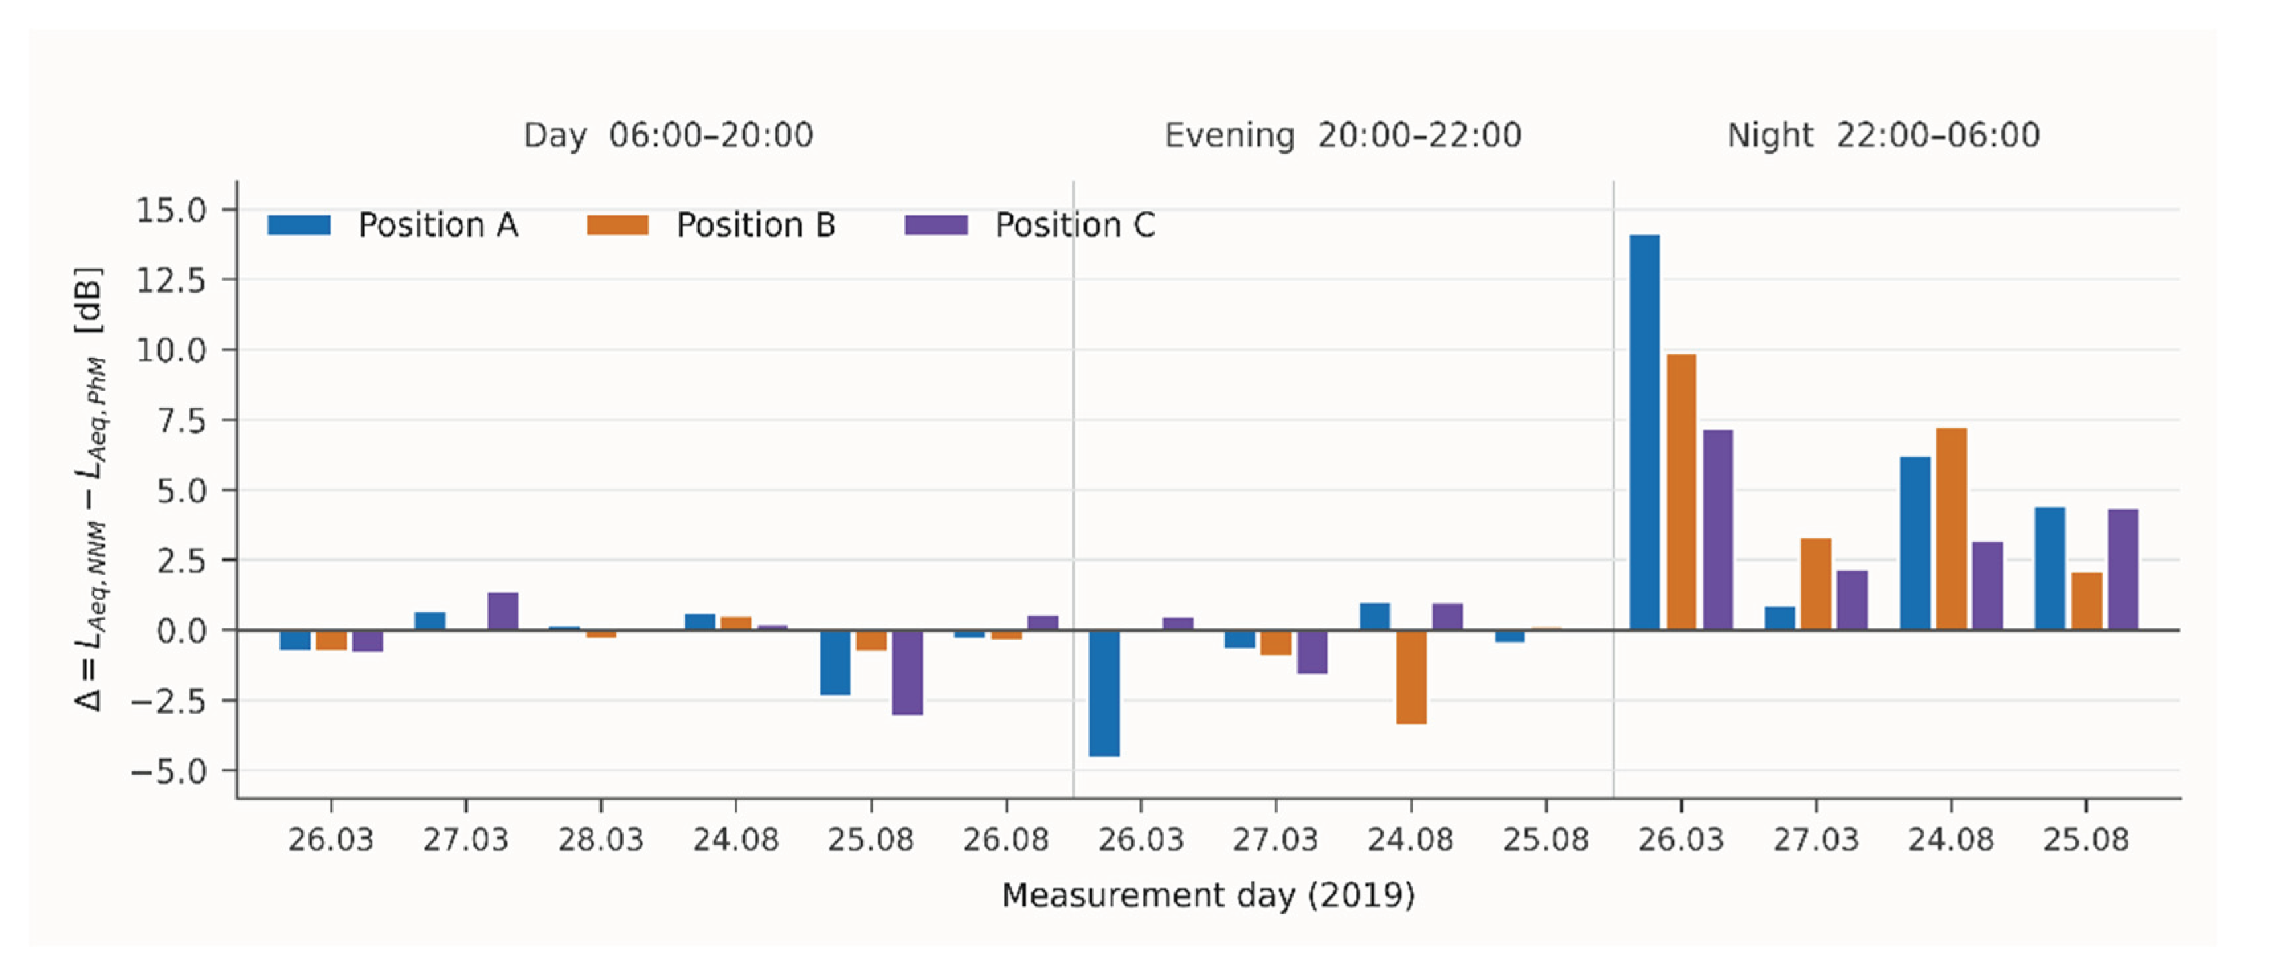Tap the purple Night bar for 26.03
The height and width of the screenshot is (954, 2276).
1718,530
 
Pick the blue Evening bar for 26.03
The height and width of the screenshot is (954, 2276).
1104,692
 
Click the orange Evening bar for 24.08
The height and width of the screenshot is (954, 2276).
1411,677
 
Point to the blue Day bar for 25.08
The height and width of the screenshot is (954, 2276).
835,663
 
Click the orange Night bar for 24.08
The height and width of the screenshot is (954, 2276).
1951,529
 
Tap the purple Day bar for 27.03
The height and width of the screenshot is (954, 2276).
502,611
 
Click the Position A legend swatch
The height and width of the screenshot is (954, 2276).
299,225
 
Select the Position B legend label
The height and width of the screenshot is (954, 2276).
756,225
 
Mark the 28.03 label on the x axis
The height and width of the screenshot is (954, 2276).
601,839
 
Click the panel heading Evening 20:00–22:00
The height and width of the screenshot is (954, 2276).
1343,135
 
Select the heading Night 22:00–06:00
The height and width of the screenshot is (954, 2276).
1883,135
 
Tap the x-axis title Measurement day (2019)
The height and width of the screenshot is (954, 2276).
1208,896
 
